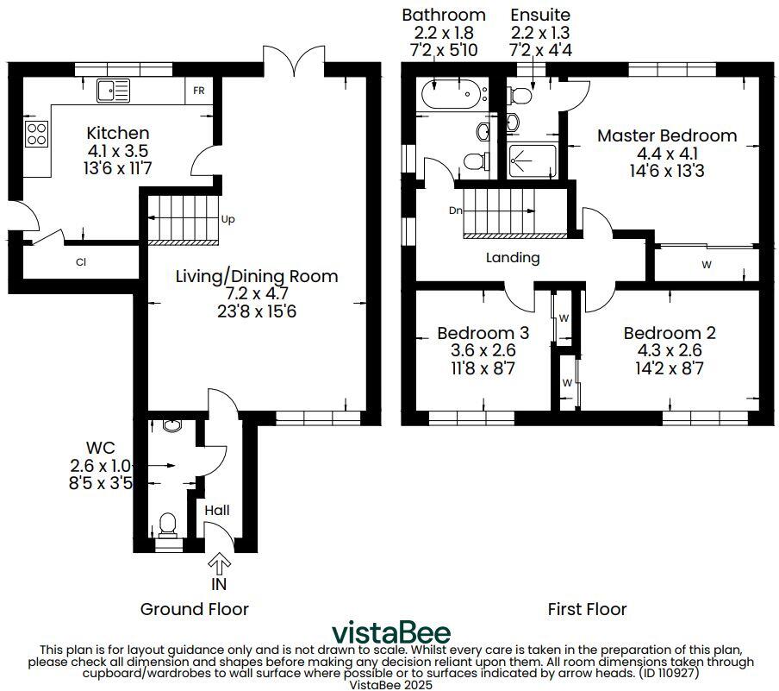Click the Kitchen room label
pos(118,134)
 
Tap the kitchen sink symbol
pos(113,90)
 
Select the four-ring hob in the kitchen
pos(37,134)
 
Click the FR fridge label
pos(199,91)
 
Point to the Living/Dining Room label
pos(257,276)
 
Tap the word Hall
pos(217,511)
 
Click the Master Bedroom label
pos(667,135)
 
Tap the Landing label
pos(513,257)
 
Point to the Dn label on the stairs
pos(455,210)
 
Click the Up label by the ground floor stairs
pos(228,219)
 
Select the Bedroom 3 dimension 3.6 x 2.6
pos(483,350)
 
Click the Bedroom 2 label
pos(670,333)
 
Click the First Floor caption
pos(587,609)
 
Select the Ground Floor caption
pos(195,609)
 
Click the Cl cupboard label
pos(80,262)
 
